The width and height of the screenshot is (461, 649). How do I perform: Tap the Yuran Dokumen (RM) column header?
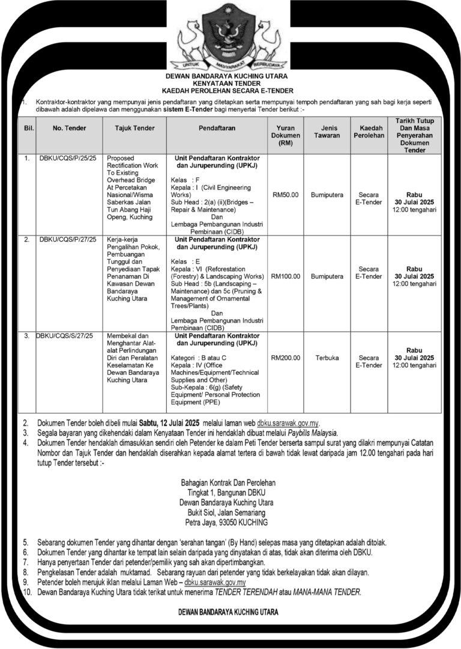click(286, 136)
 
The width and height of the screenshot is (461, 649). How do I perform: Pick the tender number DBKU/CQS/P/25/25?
click(68, 158)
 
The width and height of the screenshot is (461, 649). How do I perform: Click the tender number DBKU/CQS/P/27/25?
click(68, 240)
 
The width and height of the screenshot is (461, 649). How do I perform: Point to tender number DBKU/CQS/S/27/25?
click(64, 335)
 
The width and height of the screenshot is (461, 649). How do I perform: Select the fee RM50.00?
click(286, 195)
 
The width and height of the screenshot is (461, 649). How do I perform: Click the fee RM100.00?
click(286, 276)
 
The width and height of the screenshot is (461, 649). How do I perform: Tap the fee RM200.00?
click(286, 358)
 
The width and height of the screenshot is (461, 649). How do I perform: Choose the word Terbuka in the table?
click(327, 358)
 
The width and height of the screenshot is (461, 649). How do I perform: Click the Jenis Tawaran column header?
click(327, 132)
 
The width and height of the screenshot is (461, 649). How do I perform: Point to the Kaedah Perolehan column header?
click(368, 132)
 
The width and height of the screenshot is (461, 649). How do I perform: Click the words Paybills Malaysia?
click(309, 433)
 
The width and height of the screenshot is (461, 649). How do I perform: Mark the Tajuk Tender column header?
click(135, 128)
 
